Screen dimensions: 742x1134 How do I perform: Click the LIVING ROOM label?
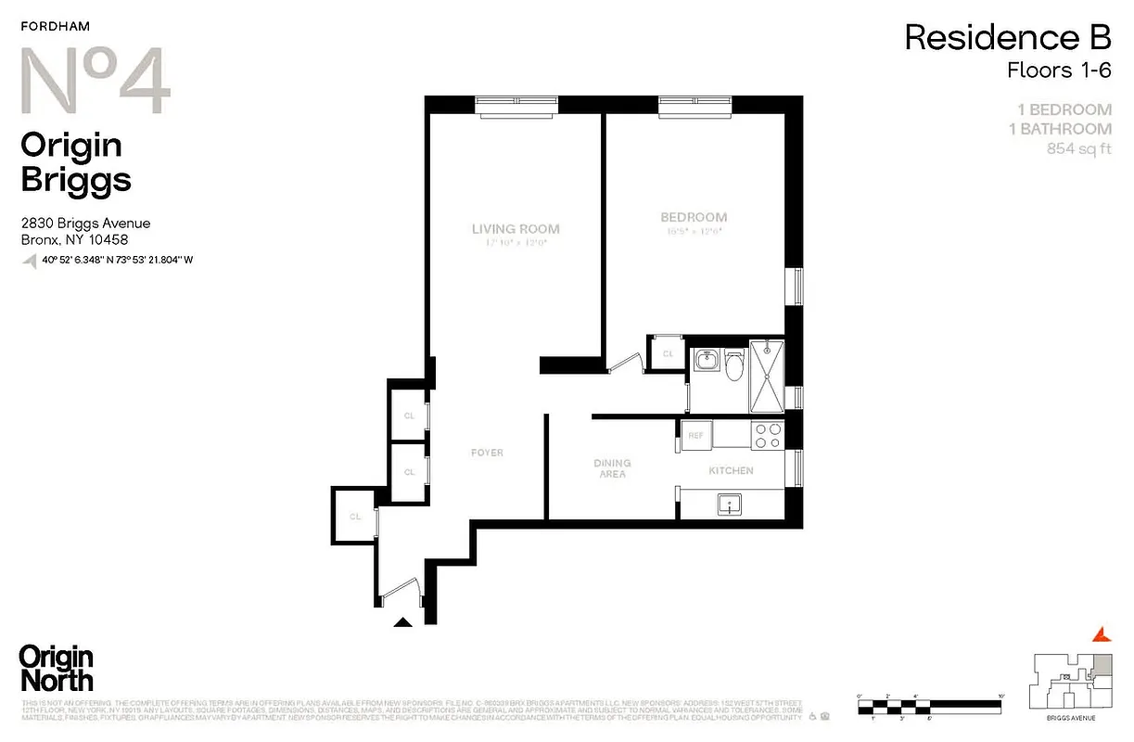516,229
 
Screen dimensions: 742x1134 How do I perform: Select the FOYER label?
487,453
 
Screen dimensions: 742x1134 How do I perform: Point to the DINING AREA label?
612,468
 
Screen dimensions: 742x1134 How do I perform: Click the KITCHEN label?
731,471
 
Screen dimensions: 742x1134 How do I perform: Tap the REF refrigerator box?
694,434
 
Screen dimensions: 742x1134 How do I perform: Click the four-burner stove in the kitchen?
767,436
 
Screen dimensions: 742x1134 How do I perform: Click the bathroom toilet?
734,366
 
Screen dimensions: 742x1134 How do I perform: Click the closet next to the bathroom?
668,353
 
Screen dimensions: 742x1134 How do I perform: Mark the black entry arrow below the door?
403,622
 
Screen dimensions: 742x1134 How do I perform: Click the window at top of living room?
516,106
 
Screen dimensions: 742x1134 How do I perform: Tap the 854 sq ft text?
1078,148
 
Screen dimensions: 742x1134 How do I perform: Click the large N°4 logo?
96,83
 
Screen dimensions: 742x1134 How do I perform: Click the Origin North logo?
57,668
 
